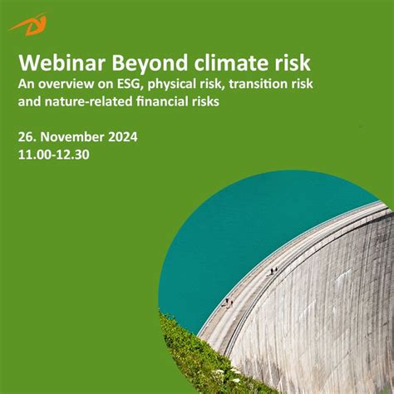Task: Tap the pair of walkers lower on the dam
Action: click(226, 303)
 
